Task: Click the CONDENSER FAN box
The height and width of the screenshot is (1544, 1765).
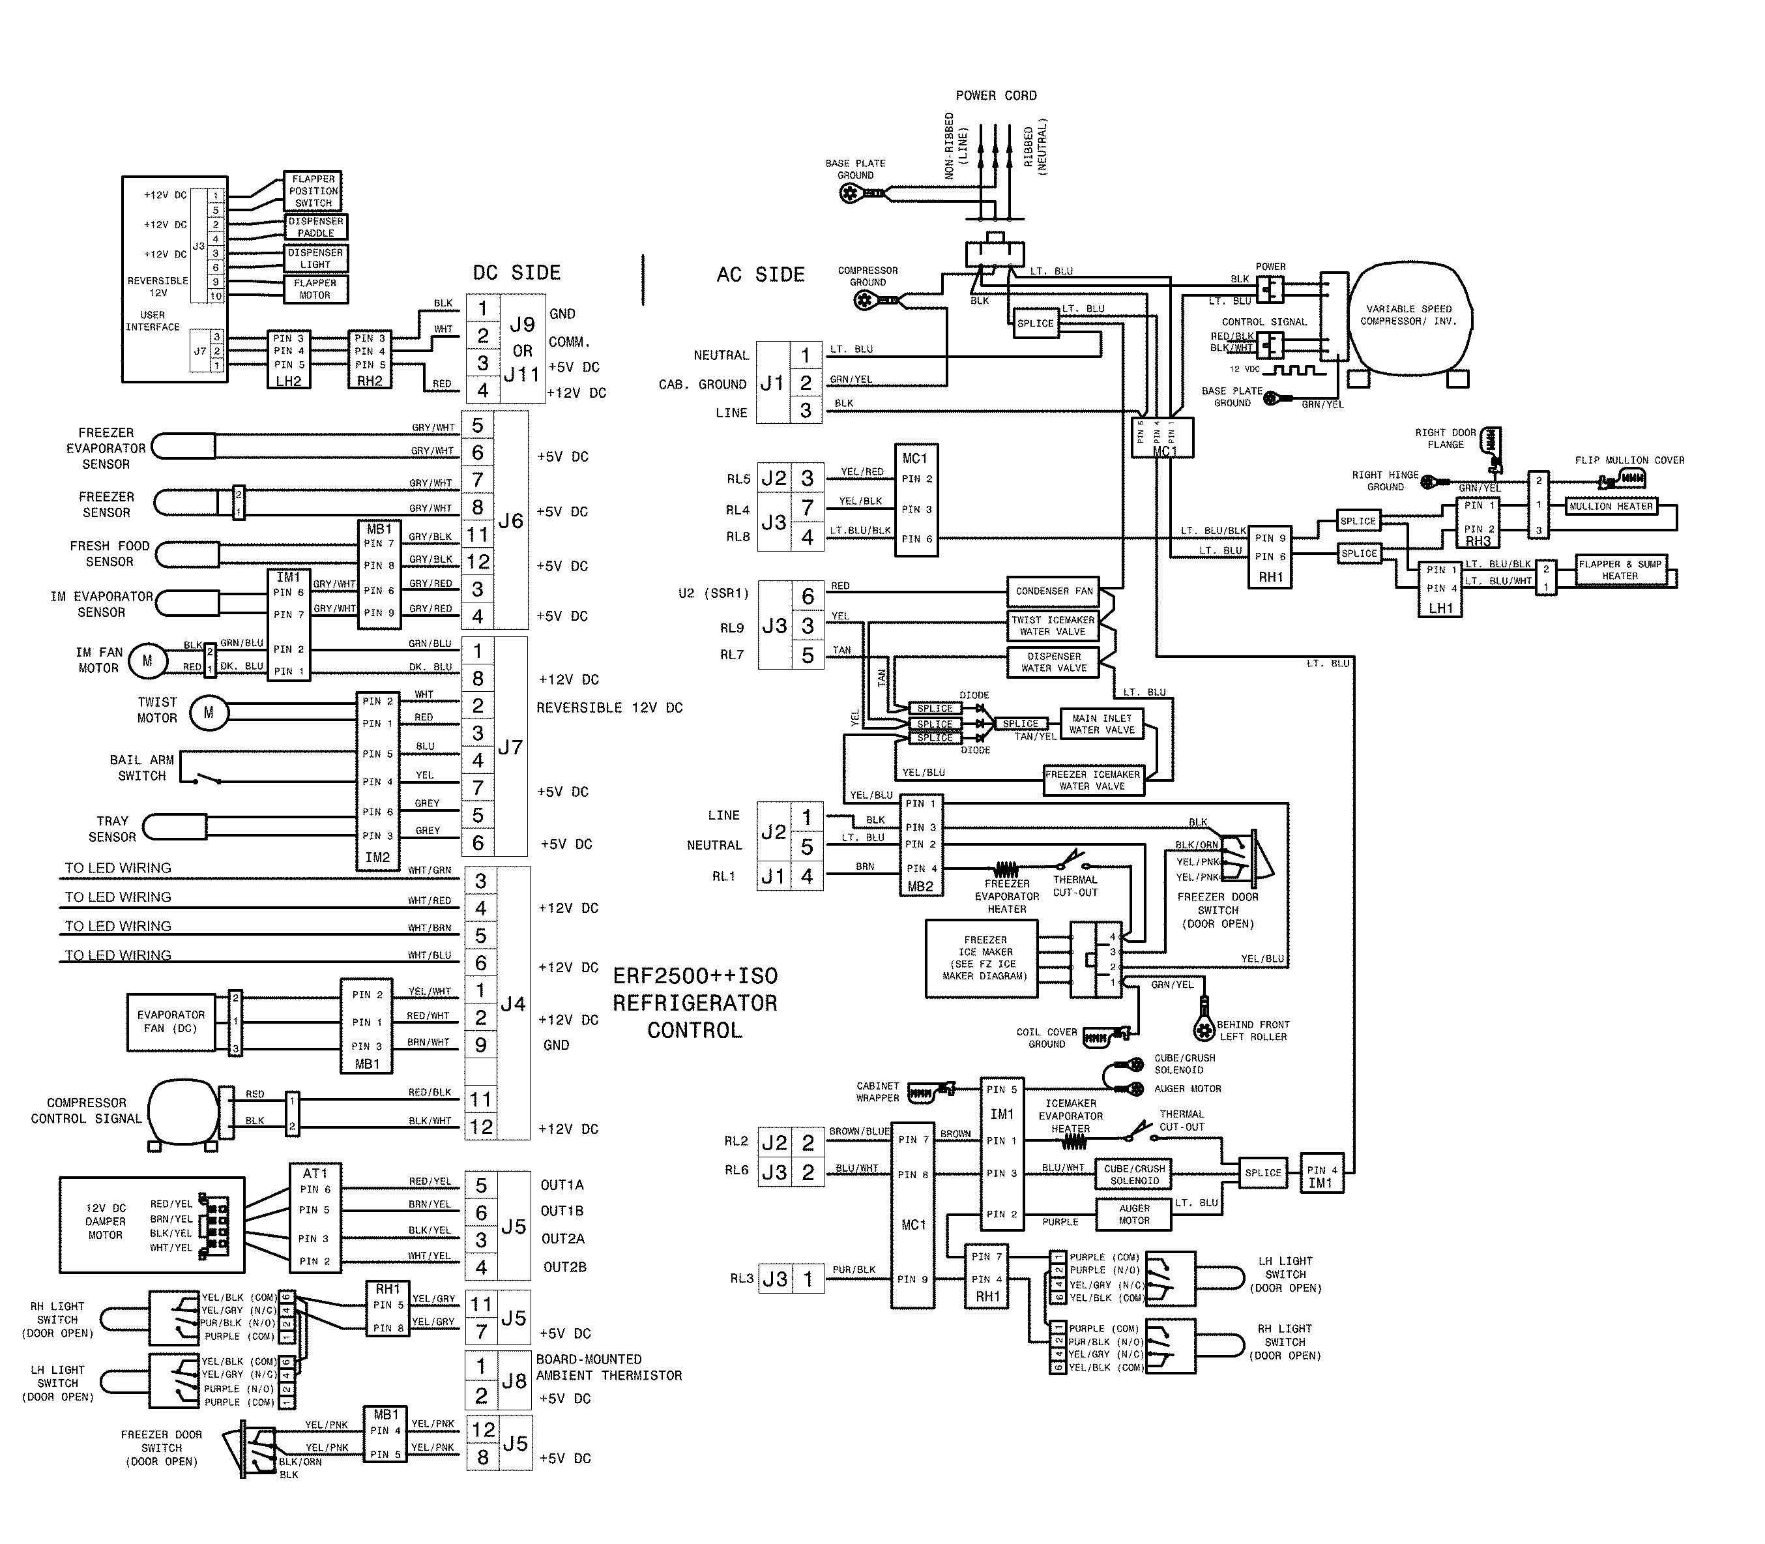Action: [1053, 591]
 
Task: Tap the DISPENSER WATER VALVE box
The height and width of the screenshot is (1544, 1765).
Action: [1053, 662]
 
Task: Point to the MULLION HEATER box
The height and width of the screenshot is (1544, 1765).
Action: [1610, 507]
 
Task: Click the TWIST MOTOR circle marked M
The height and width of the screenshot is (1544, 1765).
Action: [209, 713]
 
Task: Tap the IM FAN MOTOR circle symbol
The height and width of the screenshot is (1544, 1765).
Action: [147, 661]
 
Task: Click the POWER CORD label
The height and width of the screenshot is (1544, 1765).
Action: [996, 96]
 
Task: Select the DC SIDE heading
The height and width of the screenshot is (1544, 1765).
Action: [516, 273]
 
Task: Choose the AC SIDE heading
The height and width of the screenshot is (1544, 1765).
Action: [761, 275]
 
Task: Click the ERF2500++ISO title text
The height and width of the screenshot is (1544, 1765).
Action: [695, 976]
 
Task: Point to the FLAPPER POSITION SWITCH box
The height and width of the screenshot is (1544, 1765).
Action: [313, 191]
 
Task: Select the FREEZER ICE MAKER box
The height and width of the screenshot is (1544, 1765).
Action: [982, 958]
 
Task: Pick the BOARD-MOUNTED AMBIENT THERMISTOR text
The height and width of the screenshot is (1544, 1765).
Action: [608, 1367]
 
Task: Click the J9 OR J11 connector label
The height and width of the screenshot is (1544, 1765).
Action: [522, 349]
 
